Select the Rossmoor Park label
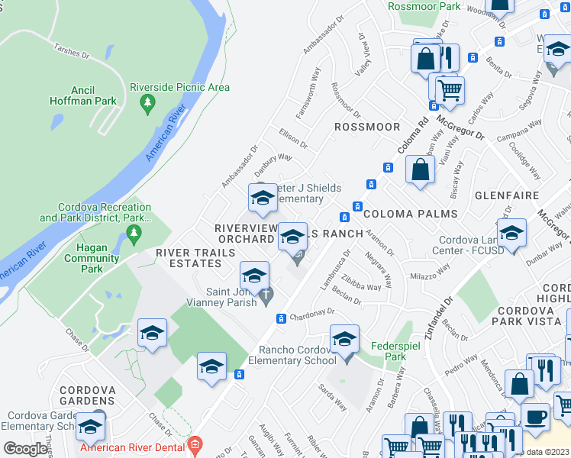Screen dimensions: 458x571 (424, 6)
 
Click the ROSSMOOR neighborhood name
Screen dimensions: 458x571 (367, 126)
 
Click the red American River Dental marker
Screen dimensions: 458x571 (195, 443)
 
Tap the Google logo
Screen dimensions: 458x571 (25, 449)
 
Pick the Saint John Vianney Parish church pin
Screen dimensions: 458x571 (266, 296)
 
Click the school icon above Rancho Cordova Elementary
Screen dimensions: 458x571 (344, 338)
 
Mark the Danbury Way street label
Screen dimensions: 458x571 (273, 158)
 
